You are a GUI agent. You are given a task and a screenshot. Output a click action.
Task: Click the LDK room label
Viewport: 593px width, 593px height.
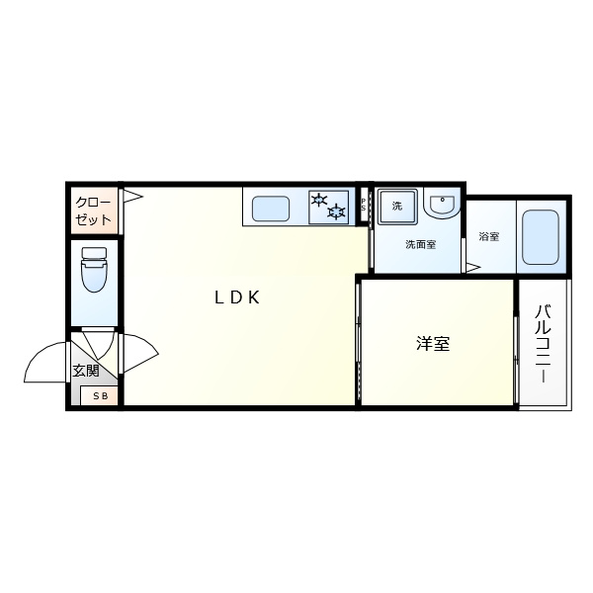click(x=237, y=297)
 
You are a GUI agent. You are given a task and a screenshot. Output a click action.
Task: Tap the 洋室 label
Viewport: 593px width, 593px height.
click(x=433, y=344)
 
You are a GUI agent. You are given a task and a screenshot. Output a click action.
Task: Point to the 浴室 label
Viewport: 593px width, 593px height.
click(x=489, y=237)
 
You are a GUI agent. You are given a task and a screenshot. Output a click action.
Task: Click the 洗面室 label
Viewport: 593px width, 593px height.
click(x=421, y=244)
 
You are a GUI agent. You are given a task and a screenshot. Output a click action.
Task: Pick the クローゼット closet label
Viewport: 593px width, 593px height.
click(x=93, y=212)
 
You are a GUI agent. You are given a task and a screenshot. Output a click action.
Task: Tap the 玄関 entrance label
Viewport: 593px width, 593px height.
click(x=86, y=371)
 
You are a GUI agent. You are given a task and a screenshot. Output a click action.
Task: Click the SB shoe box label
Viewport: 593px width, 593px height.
click(x=101, y=395)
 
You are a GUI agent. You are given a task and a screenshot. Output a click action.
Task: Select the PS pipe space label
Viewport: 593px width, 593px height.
click(x=364, y=205)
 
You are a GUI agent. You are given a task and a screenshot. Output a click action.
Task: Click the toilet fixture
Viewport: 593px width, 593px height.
click(x=94, y=269)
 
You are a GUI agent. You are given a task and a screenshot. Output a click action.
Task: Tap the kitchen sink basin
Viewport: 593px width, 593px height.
click(x=271, y=209)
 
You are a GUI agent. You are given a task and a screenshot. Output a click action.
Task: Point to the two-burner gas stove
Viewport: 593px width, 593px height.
click(x=329, y=208)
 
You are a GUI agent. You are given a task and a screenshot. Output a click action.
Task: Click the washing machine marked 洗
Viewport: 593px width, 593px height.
click(x=397, y=207)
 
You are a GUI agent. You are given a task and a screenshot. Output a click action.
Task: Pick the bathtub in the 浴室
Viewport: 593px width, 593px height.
click(x=541, y=237)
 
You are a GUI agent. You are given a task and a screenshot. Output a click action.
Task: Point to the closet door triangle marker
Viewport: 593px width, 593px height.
click(x=132, y=197)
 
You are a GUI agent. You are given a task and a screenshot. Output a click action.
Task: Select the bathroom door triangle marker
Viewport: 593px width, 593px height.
click(x=473, y=268)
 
